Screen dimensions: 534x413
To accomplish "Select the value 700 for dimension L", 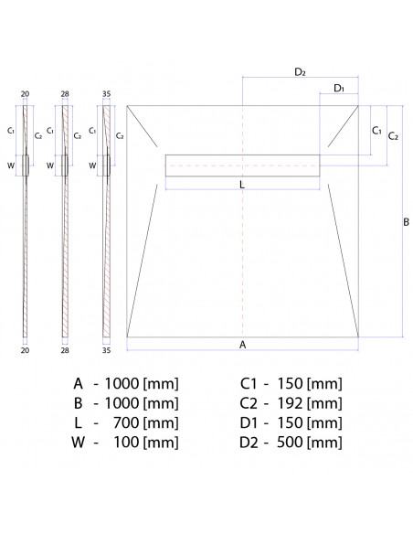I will [124, 423].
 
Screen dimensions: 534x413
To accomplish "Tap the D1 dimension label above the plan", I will [338, 88].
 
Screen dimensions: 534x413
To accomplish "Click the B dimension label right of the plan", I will [406, 220].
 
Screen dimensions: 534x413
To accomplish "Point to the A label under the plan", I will [242, 345].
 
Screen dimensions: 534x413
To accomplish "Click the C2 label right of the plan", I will [393, 136].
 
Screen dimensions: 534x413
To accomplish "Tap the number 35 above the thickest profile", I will [106, 95].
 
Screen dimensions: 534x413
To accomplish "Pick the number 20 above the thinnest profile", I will [26, 95].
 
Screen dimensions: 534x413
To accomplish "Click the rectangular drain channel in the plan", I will [242, 165].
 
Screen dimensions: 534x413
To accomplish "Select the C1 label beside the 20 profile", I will [11, 131].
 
